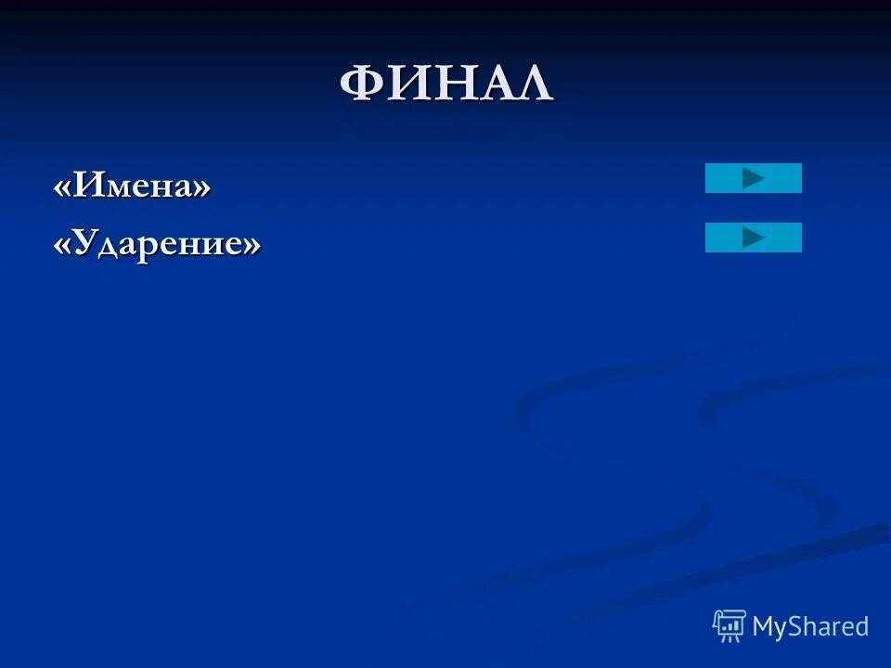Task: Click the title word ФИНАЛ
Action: click(x=445, y=84)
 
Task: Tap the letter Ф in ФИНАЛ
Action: click(x=363, y=84)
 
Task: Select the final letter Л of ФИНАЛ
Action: click(x=532, y=84)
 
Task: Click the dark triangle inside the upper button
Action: click(x=753, y=178)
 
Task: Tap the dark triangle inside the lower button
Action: click(x=753, y=238)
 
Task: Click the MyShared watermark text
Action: click(x=810, y=626)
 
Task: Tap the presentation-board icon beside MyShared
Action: click(x=729, y=626)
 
